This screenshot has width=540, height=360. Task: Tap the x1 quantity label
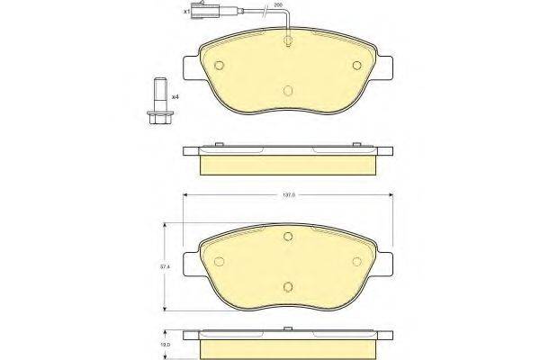(187, 13)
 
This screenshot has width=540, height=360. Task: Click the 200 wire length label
(278, 6)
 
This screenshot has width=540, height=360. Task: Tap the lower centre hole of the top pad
(288, 90)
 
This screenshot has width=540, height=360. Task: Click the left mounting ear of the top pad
(189, 69)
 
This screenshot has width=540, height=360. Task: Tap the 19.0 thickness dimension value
(163, 343)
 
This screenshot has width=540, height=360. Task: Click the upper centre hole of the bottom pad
(288, 237)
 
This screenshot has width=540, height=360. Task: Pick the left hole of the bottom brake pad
(219, 261)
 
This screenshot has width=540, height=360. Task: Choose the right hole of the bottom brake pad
(356, 261)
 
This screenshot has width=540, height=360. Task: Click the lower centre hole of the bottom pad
(288, 287)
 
